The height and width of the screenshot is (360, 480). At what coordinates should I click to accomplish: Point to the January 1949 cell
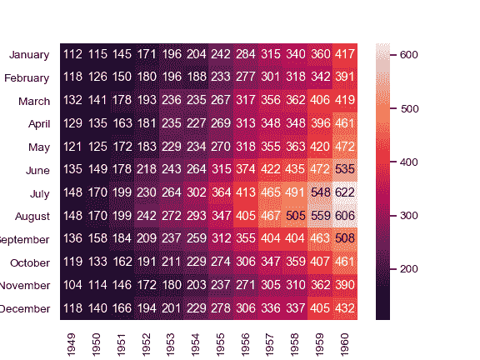[72, 54]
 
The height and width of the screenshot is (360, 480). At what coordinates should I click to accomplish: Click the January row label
[28, 55]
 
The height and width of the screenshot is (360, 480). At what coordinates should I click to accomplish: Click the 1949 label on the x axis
[72, 341]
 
